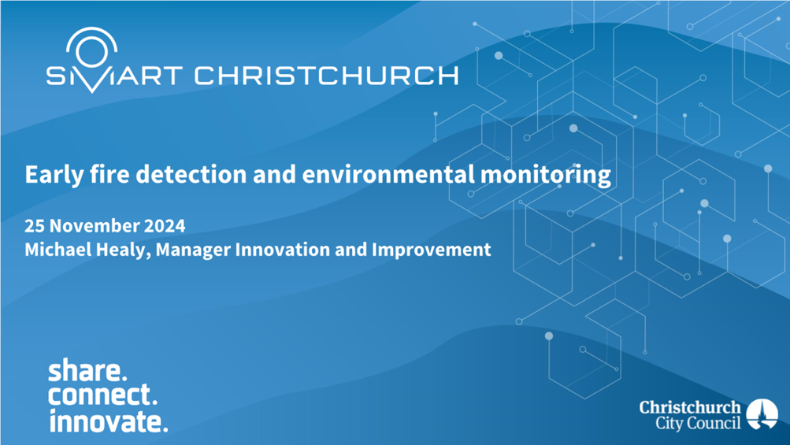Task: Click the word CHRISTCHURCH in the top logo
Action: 327,76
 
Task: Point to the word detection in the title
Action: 191,174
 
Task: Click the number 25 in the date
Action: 34,225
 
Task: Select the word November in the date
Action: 95,225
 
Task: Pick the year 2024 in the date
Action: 165,225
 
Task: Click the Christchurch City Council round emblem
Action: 762,414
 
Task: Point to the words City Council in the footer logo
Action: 698,423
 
